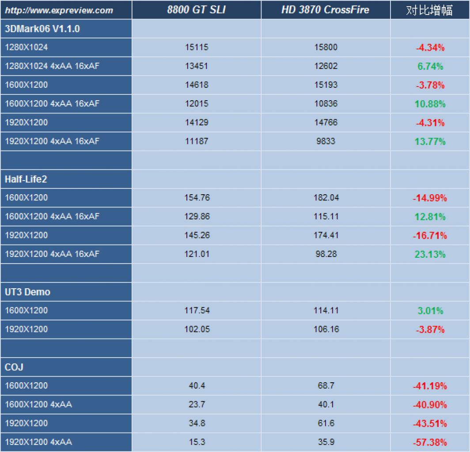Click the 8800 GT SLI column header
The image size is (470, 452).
196,10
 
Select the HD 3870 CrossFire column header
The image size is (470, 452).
325,10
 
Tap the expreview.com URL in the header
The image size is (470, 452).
59,11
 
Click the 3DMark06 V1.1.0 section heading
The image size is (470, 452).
42,29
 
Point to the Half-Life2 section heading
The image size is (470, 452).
26,179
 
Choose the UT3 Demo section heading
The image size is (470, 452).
27,292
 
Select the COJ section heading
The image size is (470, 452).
14,367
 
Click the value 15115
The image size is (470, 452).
197,47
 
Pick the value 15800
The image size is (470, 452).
326,47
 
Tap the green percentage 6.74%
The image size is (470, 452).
430,66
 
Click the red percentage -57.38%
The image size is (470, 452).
430,442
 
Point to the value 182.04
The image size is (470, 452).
326,198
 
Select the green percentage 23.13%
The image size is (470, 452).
430,254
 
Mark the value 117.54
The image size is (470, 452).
197,310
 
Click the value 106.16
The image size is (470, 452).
326,329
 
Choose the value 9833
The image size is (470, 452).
326,141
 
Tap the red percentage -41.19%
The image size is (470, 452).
430,386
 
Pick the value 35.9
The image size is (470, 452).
326,442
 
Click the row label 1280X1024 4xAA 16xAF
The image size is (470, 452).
52,66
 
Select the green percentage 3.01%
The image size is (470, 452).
430,311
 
